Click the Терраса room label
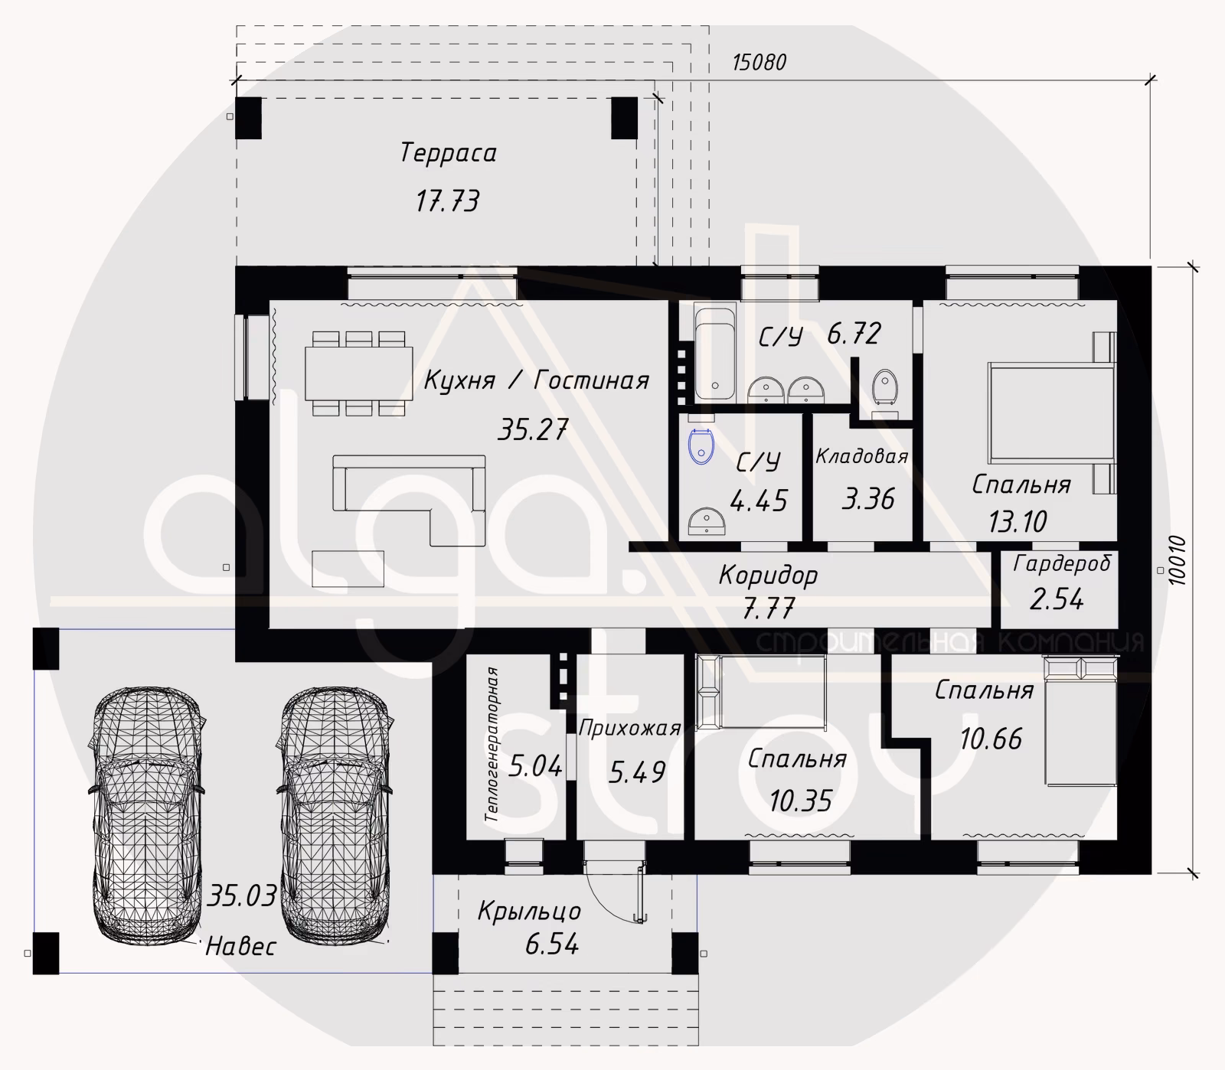pyautogui.click(x=448, y=153)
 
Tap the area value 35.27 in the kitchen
pyautogui.click(x=533, y=429)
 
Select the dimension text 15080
pyautogui.click(x=759, y=63)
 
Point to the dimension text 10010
pyautogui.click(x=1177, y=562)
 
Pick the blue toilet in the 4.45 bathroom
pyautogui.click(x=701, y=447)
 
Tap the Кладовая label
pyautogui.click(x=861, y=457)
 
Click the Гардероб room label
pyautogui.click(x=1062, y=564)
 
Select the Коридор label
pyautogui.click(x=768, y=575)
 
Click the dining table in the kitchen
pyautogui.click(x=359, y=374)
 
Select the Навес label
pyautogui.click(x=240, y=947)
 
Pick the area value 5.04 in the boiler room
pyautogui.click(x=535, y=765)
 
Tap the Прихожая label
pyautogui.click(x=629, y=728)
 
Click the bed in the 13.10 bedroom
pyautogui.click(x=1050, y=413)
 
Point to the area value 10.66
pyautogui.click(x=991, y=739)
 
